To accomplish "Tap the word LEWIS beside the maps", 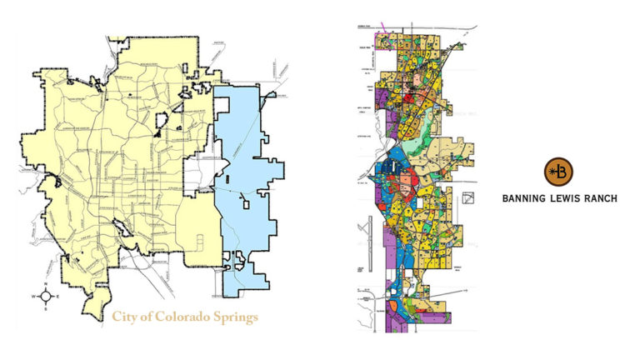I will pos(565,198).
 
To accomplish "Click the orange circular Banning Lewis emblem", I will pos(557,172).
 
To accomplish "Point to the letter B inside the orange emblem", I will pos(562,172).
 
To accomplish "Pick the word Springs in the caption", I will pos(233,317).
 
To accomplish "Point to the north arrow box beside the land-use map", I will pos(469,198).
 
